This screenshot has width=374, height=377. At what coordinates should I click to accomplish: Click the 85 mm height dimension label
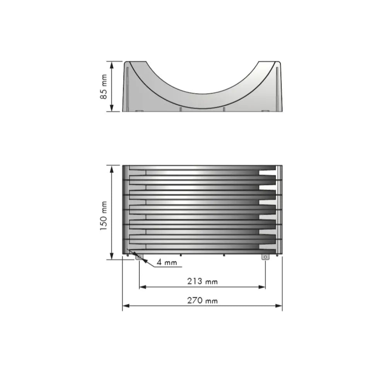[104, 87]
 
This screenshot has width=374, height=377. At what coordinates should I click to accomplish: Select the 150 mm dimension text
[104, 216]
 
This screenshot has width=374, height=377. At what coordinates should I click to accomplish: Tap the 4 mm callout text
[167, 262]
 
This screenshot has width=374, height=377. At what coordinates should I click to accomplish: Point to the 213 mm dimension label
[202, 281]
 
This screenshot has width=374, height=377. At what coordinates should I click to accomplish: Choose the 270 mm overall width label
[202, 300]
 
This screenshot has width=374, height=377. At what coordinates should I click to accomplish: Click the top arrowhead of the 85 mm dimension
[112, 65]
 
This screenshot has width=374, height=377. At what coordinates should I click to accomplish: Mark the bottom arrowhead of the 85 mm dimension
[112, 108]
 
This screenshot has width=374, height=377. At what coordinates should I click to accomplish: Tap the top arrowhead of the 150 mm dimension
[112, 169]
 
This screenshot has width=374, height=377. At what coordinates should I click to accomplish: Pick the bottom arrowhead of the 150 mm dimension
[112, 256]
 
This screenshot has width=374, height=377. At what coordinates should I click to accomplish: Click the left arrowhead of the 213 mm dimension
[143, 287]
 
